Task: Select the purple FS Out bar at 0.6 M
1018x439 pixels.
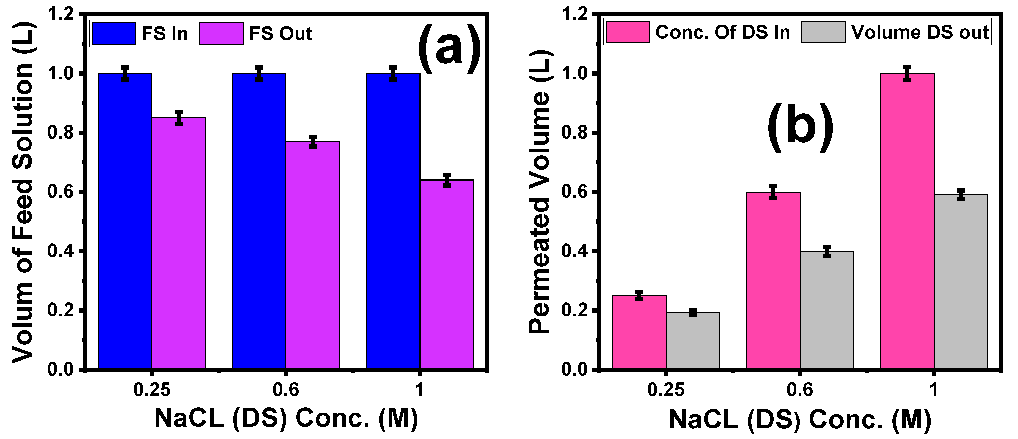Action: pyautogui.click(x=313, y=255)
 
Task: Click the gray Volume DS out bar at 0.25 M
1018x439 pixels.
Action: pyautogui.click(x=692, y=340)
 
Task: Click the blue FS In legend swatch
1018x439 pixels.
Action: pyautogui.click(x=113, y=33)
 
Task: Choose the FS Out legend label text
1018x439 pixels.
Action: pyautogui.click(x=281, y=34)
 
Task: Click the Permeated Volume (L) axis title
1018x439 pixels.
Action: pyautogui.click(x=539, y=192)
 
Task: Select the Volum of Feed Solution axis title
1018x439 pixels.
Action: pyautogui.click(x=22, y=192)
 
